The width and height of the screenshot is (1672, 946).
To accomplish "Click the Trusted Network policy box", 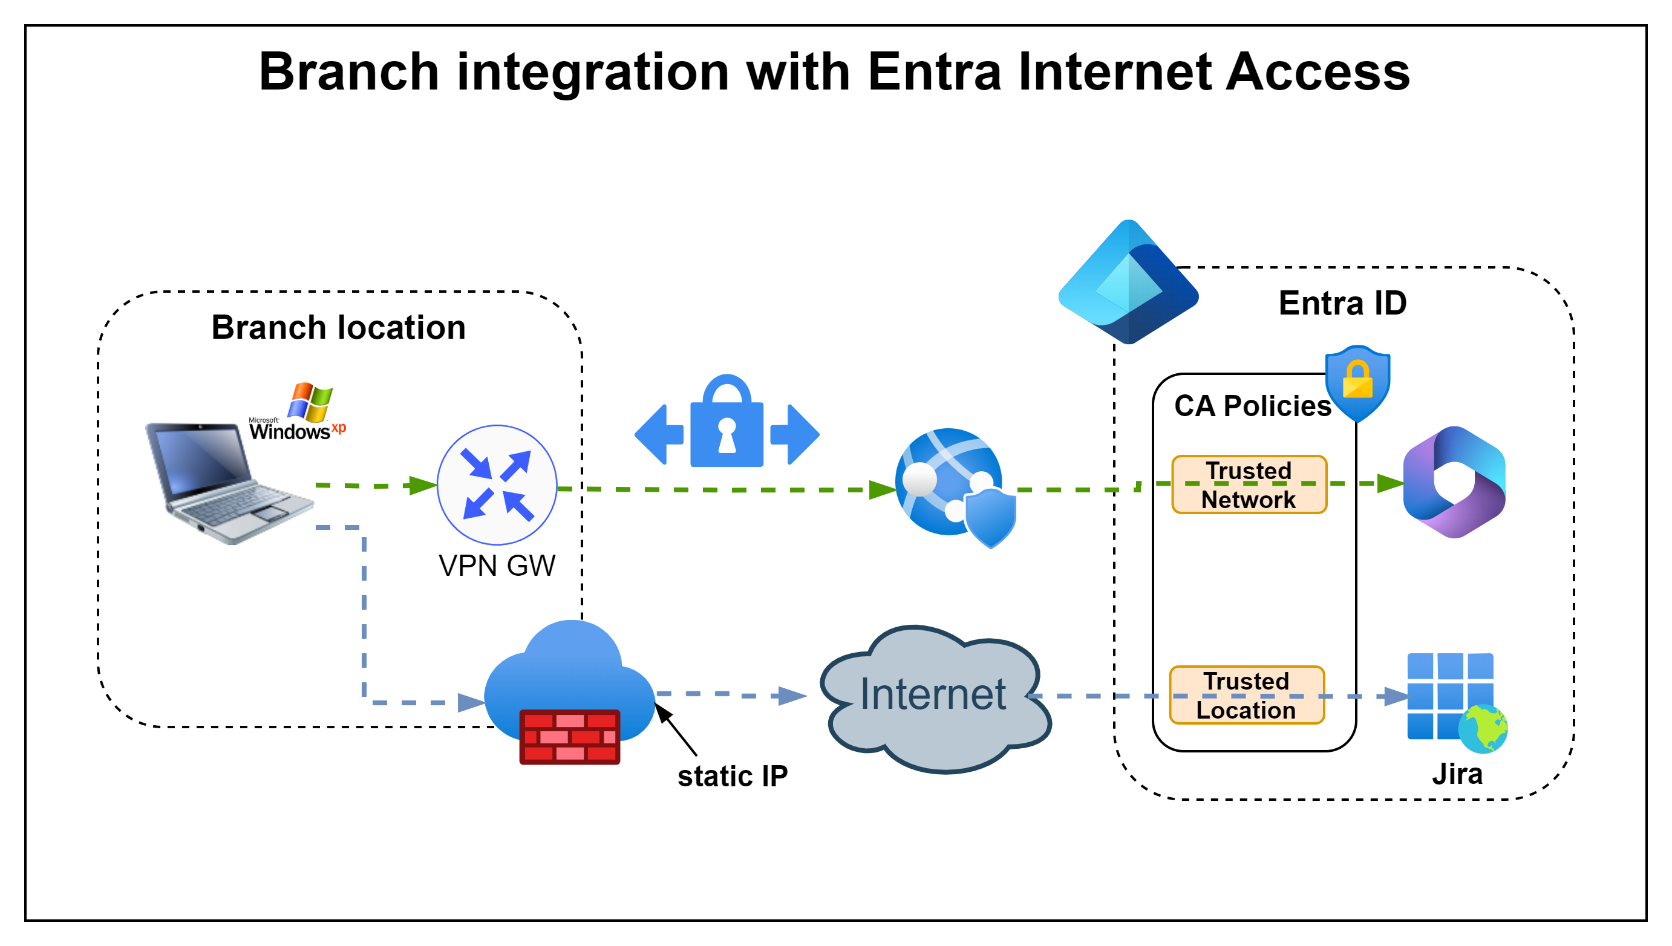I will pos(1249,484).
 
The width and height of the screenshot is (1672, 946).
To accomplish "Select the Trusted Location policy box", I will pos(1246,695).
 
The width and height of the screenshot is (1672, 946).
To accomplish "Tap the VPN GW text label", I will pos(497,566).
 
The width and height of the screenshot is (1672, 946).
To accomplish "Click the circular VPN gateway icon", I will pos(497,484).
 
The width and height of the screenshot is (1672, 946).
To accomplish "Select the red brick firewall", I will pos(570,736).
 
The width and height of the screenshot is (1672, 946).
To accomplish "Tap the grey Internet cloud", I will pos(933,699).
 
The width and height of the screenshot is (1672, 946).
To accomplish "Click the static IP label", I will pos(732,777).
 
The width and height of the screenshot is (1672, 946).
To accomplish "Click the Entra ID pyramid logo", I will pos(1128,282).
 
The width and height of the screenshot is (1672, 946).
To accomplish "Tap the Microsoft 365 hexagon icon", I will pos(1454,482).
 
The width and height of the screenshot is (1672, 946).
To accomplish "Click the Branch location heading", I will pos(338,327).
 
